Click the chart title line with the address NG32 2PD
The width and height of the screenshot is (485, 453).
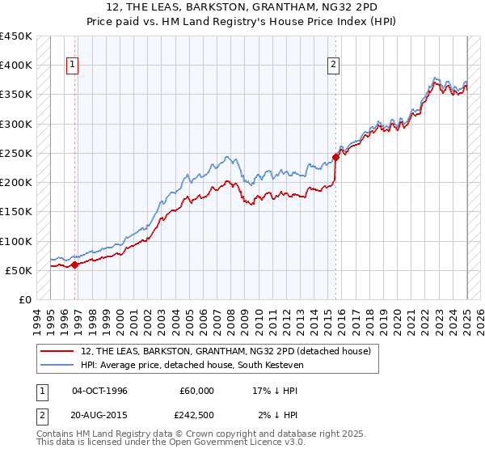pyautogui.click(x=242, y=6)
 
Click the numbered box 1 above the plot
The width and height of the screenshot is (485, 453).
pyautogui.click(x=73, y=66)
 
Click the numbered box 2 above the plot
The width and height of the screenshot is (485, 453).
pyautogui.click(x=333, y=66)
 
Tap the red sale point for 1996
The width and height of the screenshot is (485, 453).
pyautogui.click(x=74, y=264)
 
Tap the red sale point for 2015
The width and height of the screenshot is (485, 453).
pyautogui.click(x=335, y=157)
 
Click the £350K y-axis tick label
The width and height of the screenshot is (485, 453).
pyautogui.click(x=16, y=95)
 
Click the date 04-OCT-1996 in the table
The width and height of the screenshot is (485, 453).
pyautogui.click(x=99, y=391)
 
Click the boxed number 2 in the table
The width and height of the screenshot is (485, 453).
pyautogui.click(x=40, y=415)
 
